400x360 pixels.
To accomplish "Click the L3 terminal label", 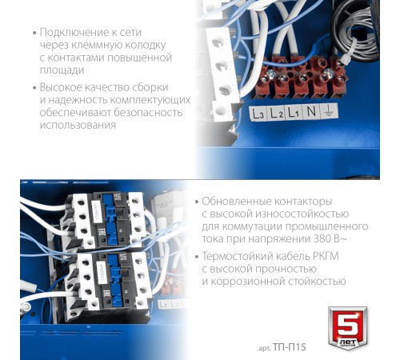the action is click(x=258, y=114).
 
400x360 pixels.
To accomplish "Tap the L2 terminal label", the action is click(x=276, y=113).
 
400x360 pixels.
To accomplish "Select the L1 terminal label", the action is click(x=294, y=113).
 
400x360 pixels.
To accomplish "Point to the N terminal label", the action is click(x=311, y=111).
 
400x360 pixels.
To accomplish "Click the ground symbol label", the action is click(x=329, y=110).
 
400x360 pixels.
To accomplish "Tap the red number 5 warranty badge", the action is click(x=347, y=328).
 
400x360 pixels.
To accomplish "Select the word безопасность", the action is click(x=148, y=112).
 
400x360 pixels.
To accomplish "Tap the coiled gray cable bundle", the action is click(x=355, y=26).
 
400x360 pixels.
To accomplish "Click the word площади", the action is click(x=62, y=70).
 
